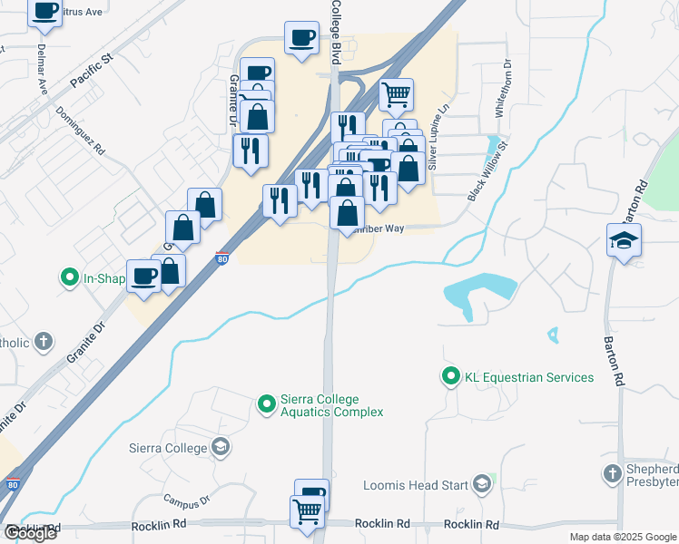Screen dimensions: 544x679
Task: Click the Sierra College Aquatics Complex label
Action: point(332,405)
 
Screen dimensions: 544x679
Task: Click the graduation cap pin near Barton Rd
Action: point(625,240)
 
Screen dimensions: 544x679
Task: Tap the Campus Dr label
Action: point(187,500)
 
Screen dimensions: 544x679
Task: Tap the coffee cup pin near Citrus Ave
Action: point(44,11)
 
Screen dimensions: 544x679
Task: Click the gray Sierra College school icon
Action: point(220,447)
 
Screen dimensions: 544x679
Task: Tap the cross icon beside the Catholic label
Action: point(42,342)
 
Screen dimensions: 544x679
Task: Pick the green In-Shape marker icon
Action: point(69,278)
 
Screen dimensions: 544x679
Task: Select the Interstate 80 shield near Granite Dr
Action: point(222,258)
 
